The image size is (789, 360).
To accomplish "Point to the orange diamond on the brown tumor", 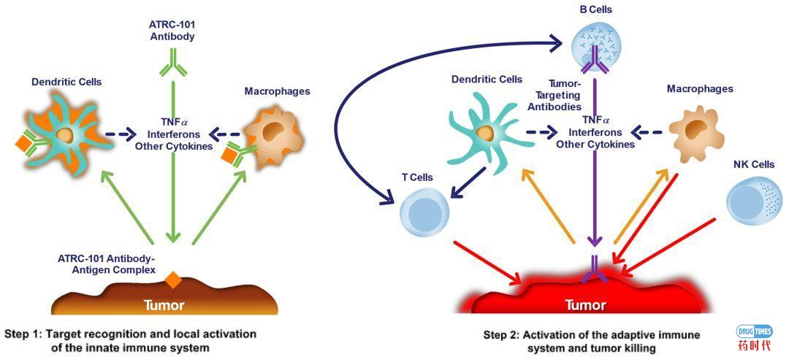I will [172, 279].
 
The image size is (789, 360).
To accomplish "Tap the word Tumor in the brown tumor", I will [164, 305].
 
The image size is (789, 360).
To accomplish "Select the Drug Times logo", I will [753, 338].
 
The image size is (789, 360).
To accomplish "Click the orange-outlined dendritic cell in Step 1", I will [65, 133].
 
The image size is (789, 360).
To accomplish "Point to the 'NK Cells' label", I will [753, 164].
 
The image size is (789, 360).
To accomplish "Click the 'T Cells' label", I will [417, 177].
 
